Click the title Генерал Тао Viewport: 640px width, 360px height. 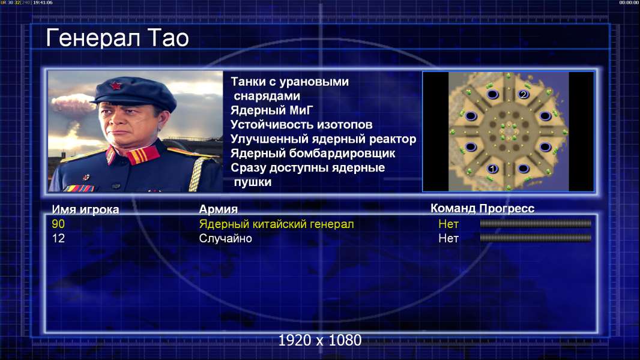pos(117,38)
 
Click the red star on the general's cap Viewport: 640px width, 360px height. pos(115,86)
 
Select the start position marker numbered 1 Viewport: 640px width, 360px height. pos(492,169)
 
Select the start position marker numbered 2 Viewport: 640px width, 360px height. pos(524,95)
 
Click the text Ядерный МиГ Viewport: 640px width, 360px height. pos(271,110)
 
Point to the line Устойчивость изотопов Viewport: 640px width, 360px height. pos(301,124)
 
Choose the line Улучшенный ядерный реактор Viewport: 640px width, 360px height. pos(323,139)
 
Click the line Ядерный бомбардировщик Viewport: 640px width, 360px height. pos(313,153)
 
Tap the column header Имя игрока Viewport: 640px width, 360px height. pos(85,209)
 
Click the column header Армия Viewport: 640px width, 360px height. pos(219,209)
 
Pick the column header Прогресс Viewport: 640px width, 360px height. pos(507,208)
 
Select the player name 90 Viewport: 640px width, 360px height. pos(58,224)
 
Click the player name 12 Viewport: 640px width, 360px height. pos(58,238)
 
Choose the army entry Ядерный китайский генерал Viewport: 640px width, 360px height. pos(276,224)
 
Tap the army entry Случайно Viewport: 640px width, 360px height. pos(225,238)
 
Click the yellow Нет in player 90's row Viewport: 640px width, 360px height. pos(448,224)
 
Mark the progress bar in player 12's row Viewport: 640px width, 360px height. pos(536,238)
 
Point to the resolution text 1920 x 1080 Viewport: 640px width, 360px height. pos(320,340)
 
